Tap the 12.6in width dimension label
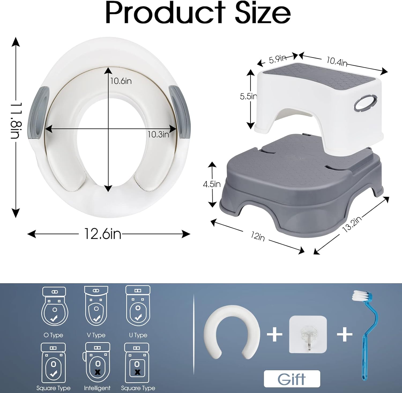click(103, 234)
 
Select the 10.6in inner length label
click(121, 81)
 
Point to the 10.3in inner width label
click(158, 134)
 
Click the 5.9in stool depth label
click(278, 59)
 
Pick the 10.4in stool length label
click(337, 62)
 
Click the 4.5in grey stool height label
click(212, 184)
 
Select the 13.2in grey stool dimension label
click(352, 224)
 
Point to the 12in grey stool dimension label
click(258, 236)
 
